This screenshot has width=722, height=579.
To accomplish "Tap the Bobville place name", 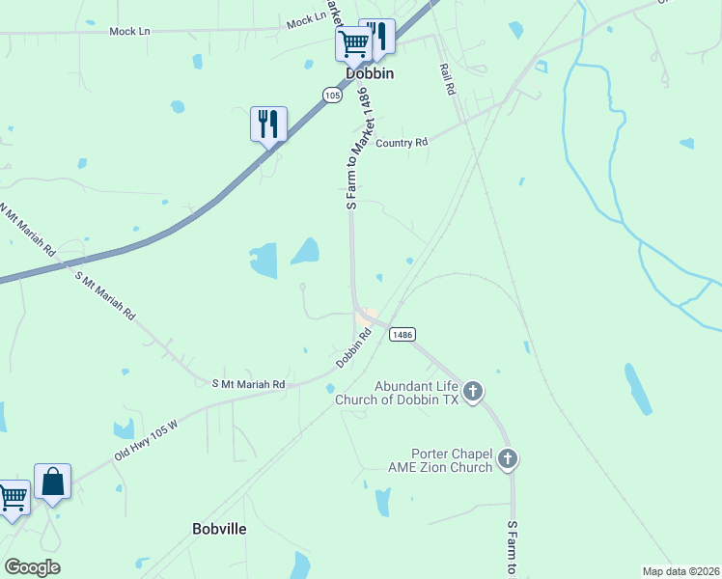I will [x=219, y=529].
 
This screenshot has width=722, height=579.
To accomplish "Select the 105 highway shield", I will [x=333, y=95].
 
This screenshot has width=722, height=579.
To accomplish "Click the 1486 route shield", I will [x=403, y=334].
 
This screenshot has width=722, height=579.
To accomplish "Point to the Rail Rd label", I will [x=447, y=79].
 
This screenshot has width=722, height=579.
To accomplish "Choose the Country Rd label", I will [x=402, y=143].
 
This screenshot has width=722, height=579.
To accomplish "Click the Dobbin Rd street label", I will [x=354, y=348].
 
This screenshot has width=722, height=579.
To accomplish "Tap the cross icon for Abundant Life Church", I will [x=472, y=391].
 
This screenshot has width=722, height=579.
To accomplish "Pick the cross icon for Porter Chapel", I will [x=508, y=458].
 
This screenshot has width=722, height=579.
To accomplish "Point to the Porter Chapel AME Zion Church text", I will [x=452, y=460].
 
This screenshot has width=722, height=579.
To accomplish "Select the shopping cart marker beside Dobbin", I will [x=353, y=42].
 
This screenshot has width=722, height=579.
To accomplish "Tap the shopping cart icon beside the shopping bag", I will [x=12, y=498].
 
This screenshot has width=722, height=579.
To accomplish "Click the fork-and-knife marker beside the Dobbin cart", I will [x=377, y=37].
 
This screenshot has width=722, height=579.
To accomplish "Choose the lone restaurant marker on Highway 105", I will [x=268, y=124].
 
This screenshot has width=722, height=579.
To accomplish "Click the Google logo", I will [x=32, y=567].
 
